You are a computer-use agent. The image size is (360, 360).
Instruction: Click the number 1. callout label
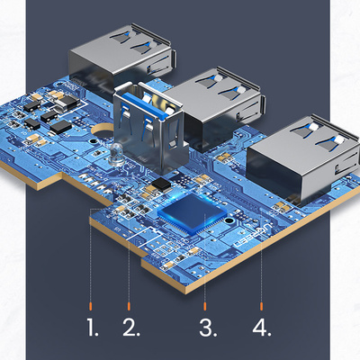[x=93, y=326]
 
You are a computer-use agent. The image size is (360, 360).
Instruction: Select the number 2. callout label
[x=131, y=326]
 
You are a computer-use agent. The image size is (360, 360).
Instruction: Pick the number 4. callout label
[x=262, y=326]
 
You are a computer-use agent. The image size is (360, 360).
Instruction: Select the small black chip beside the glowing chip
[x=161, y=185]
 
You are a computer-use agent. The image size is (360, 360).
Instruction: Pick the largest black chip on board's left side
[x=59, y=127]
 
